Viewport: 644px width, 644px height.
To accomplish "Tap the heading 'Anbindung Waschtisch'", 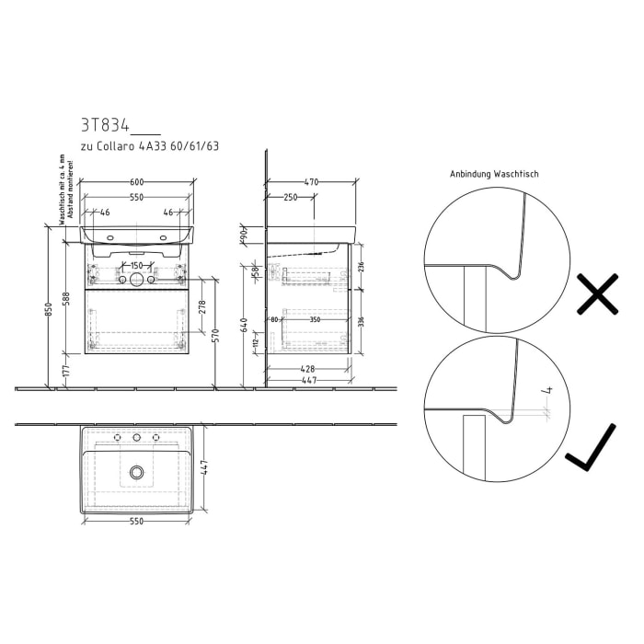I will (494, 174).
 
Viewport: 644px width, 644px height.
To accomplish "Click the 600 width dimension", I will (136, 182).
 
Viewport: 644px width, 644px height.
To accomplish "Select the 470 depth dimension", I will (311, 182).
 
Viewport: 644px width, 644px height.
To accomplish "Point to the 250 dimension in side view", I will (289, 198).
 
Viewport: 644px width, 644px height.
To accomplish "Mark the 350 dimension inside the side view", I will (315, 320).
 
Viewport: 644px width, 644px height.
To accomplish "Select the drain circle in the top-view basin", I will (137, 472).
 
